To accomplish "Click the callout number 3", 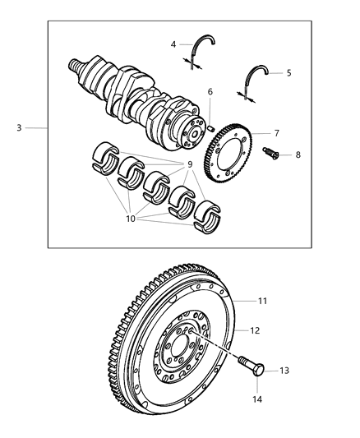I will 18,128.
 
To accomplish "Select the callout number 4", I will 174,44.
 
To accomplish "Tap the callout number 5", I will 288,73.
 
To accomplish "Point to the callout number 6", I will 210,92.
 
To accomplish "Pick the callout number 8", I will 298,154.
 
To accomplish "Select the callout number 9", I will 190,164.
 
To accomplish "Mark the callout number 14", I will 257,399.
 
